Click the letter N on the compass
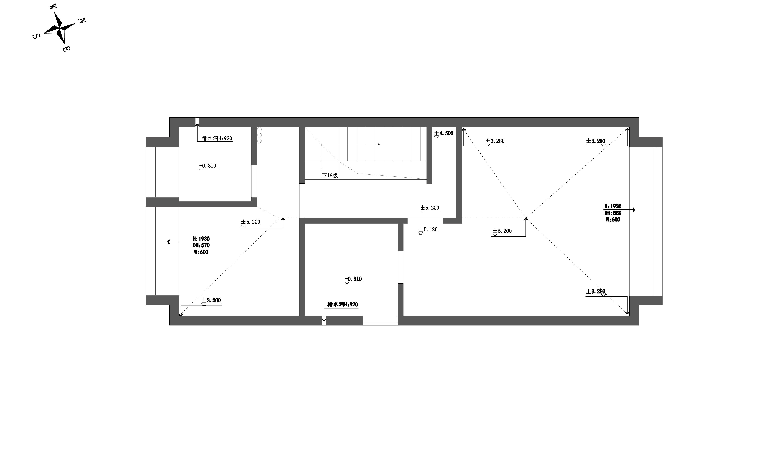pos(83,21)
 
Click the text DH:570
pos(201,245)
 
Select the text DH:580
pos(613,213)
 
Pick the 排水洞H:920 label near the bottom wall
pos(343,304)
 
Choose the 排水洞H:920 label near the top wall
pos(217,138)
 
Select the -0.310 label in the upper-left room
pos(208,166)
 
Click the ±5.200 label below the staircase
pos(430,208)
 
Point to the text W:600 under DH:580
pos(613,220)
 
